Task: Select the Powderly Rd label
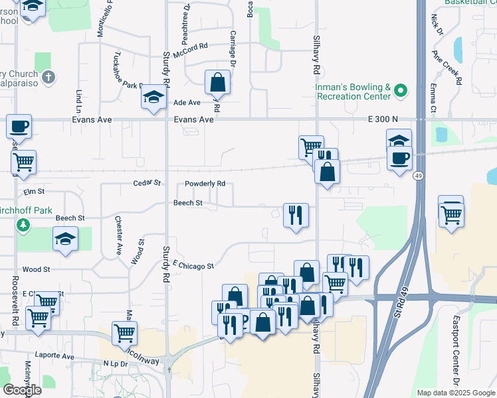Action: (205, 184)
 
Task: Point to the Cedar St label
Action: (147, 182)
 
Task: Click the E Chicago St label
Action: (193, 265)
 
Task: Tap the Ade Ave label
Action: (187, 103)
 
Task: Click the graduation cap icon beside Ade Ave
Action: (153, 98)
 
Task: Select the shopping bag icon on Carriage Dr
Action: (217, 83)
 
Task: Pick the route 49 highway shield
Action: (417, 176)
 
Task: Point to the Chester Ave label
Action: (119, 235)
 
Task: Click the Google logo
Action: (22, 390)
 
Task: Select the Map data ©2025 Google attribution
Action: (456, 393)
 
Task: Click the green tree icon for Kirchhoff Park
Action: (23, 226)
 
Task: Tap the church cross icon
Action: (47, 78)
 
